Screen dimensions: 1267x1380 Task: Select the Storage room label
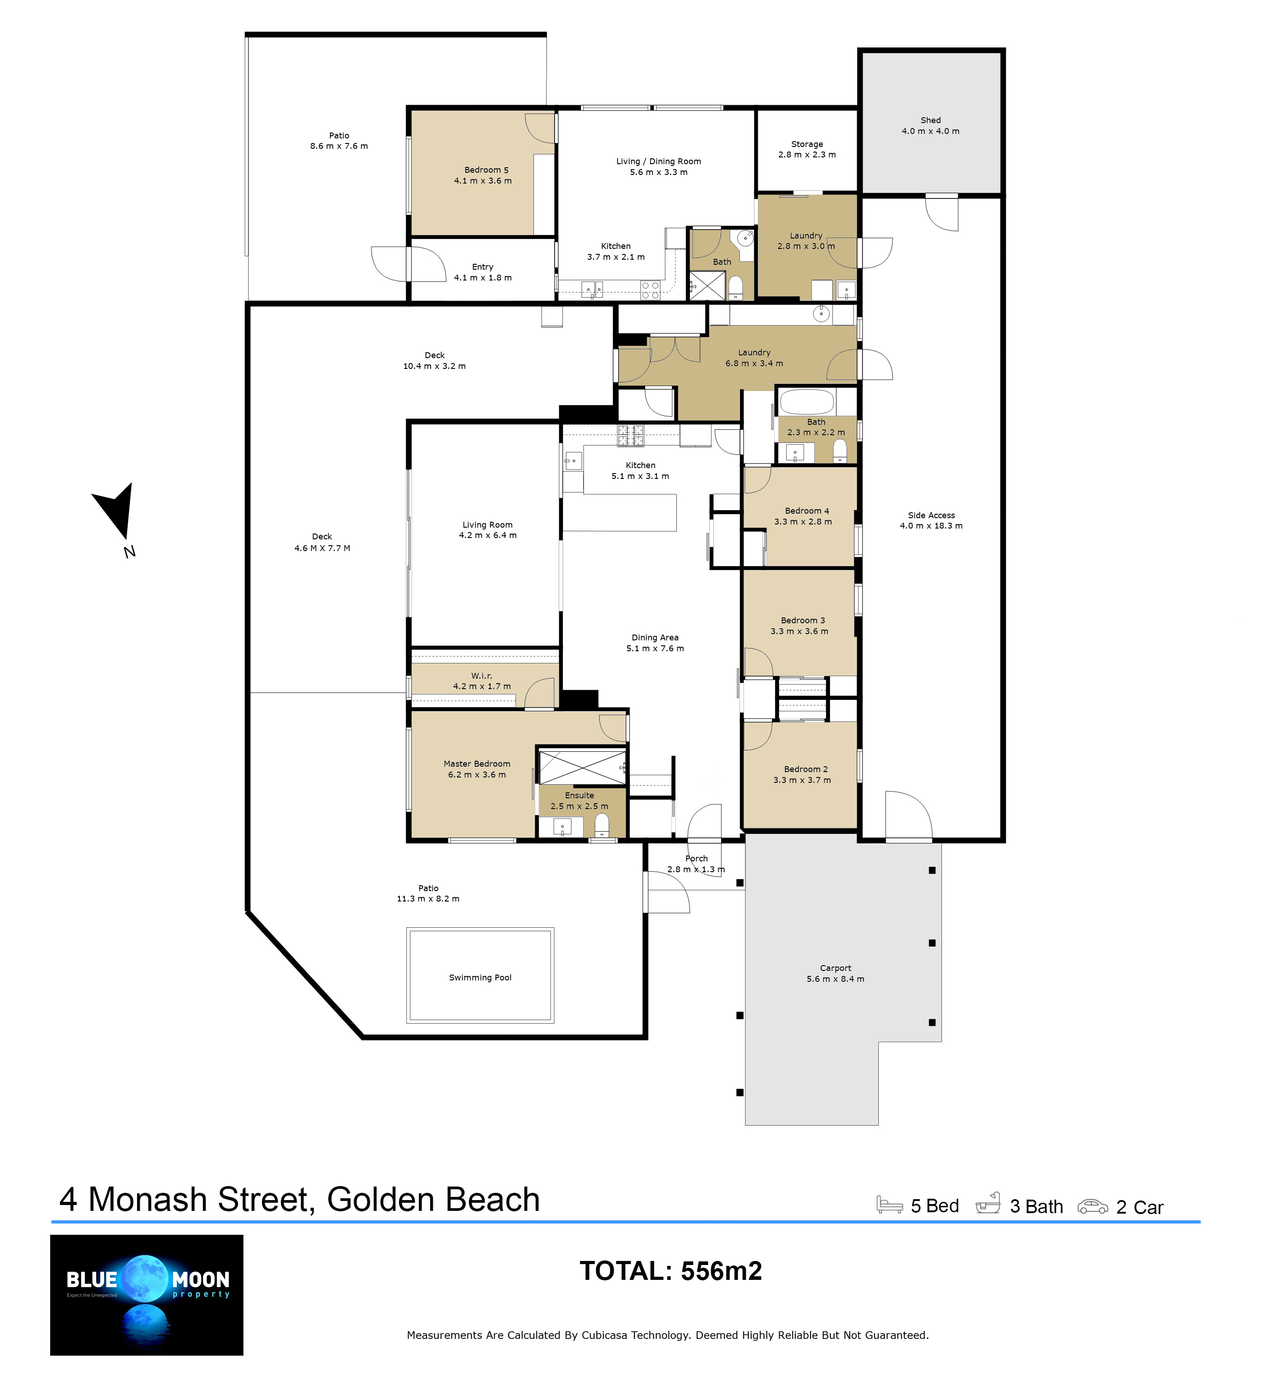(x=807, y=144)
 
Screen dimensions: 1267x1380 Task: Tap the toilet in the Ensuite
(x=601, y=825)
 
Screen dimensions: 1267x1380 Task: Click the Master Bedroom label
(x=477, y=764)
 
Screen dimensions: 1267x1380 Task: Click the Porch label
(x=697, y=858)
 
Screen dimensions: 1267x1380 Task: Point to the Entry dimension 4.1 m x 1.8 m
(x=482, y=278)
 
